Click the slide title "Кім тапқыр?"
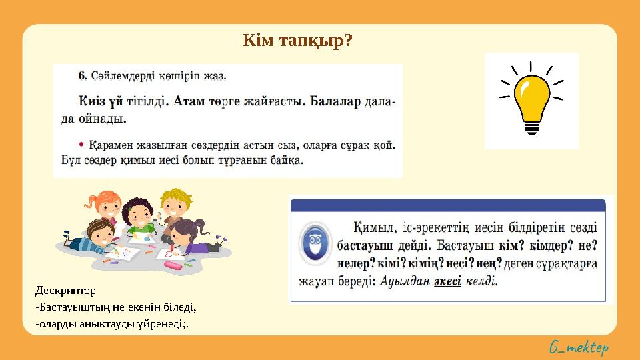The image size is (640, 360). pos(297,42)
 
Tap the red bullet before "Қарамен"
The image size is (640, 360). pos(81,143)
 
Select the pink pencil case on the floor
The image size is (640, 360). pos(172,265)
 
